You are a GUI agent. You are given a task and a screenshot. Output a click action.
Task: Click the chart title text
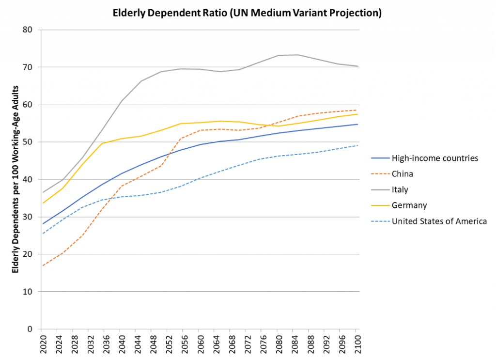click(247, 13)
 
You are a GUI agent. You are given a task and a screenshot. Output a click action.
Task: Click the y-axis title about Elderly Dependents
click(15, 179)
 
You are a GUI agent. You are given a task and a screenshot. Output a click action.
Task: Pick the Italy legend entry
click(400, 189)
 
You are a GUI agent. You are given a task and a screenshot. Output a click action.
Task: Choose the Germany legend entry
click(409, 205)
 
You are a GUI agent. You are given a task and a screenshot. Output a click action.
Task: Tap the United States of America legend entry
click(439, 221)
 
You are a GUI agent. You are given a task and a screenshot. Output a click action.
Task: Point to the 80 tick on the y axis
click(27, 30)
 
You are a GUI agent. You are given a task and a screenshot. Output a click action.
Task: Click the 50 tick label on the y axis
click(27, 142)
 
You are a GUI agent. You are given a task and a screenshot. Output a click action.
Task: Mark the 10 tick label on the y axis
click(27, 292)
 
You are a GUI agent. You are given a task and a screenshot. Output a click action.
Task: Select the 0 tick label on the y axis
click(29, 329)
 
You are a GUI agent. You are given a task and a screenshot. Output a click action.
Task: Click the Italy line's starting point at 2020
click(42, 192)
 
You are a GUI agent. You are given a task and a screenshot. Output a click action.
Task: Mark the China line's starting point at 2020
click(42, 266)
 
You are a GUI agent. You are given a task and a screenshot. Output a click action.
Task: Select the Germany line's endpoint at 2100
click(357, 114)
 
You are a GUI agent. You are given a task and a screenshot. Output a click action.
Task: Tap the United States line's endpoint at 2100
click(357, 145)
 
